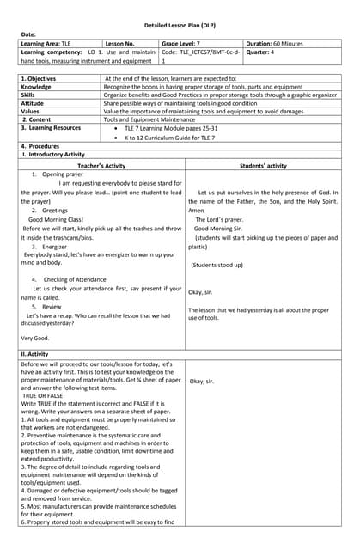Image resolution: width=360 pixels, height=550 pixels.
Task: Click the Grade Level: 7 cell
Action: [x=180, y=43]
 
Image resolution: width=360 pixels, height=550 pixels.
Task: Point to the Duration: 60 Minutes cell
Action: [x=274, y=43]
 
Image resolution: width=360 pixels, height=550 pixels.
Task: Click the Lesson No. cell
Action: [x=119, y=43]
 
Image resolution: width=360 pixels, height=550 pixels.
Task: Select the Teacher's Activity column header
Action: [x=101, y=165]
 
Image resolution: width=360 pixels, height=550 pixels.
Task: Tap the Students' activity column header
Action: [x=263, y=165]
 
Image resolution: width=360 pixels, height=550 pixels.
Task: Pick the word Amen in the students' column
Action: [x=197, y=211]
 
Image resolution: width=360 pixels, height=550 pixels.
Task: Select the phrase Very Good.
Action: [x=35, y=339]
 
